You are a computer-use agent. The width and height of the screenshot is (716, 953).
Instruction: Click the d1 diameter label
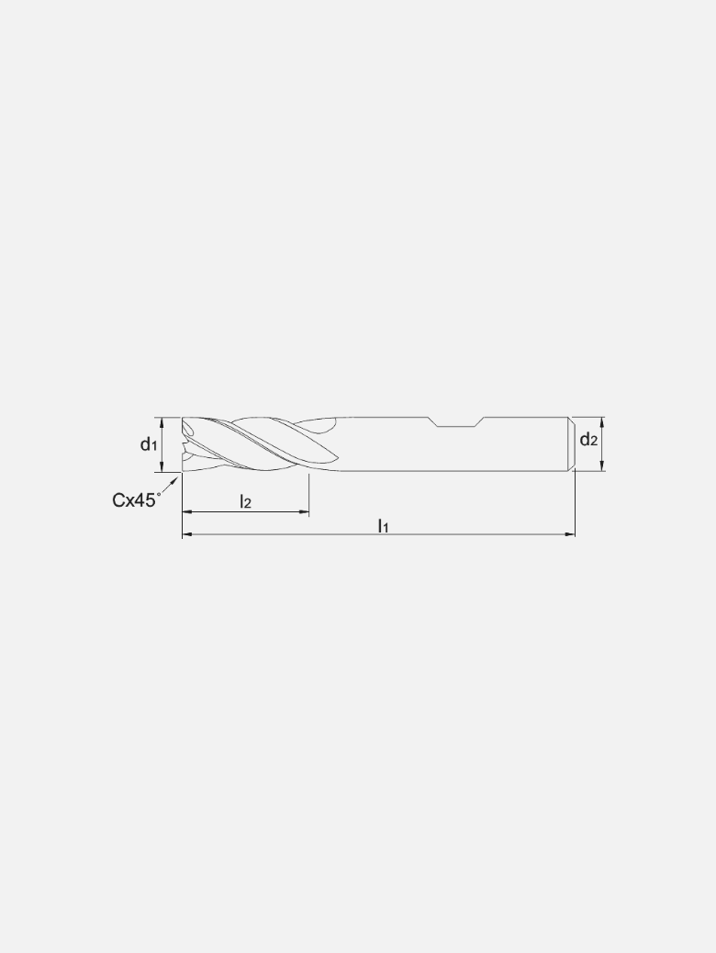coord(148,445)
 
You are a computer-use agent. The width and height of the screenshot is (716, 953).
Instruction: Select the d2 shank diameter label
coord(588,440)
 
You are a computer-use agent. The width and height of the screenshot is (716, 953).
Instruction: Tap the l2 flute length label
coord(245,501)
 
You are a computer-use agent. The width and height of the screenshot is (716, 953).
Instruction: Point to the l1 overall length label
coord(384,525)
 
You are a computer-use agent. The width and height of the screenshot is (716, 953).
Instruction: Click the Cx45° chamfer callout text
coord(135,500)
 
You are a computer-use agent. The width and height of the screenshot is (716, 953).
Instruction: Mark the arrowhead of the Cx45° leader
coord(176,478)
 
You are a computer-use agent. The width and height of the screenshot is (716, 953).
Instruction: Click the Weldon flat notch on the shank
coord(456,423)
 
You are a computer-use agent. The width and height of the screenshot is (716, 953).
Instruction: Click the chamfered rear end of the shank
coord(569,444)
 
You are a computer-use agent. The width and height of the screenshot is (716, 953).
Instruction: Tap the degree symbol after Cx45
coord(159,494)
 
